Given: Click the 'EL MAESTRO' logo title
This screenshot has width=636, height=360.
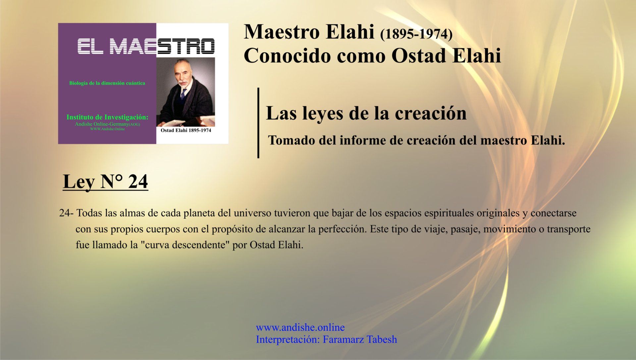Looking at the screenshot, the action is (146, 46).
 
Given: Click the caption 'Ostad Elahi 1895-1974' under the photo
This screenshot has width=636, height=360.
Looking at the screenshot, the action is (186, 130).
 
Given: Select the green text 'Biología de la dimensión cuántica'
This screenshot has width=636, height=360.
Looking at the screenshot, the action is (107, 83).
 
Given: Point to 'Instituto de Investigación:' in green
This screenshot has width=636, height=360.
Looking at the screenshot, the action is (107, 117).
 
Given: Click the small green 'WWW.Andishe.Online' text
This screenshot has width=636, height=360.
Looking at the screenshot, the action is (108, 129).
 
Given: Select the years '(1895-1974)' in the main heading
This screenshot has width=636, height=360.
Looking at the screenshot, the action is (416, 34).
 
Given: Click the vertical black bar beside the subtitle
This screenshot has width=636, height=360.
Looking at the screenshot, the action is (258, 123).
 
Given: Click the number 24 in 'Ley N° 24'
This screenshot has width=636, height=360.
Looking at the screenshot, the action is (138, 182).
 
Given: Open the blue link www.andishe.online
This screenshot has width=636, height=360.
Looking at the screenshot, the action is (300, 328).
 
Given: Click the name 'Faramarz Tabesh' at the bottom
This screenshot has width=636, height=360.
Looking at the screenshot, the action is (360, 339).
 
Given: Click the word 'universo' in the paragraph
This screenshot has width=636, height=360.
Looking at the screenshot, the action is (252, 213).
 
